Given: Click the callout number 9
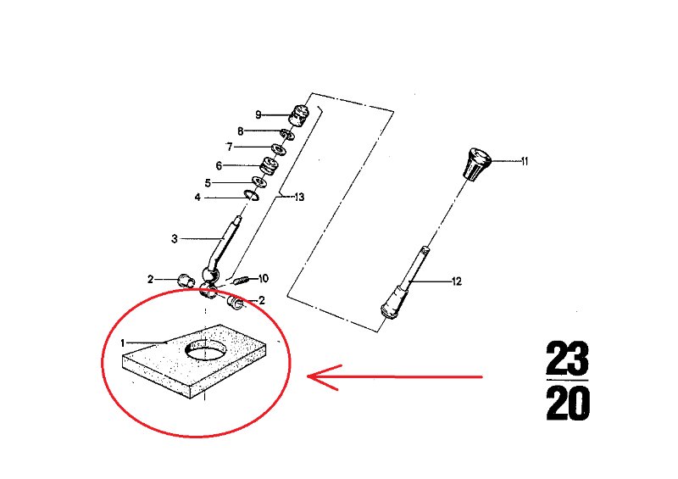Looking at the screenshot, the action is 258,114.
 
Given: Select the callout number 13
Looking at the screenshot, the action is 299,198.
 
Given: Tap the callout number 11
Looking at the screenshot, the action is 525,161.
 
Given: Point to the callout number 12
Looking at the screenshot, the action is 457,281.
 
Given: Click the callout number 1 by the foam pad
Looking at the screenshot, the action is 123,343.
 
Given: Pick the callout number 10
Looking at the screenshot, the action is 264,278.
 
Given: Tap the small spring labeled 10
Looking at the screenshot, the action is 241,281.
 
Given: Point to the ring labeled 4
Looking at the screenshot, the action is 251,195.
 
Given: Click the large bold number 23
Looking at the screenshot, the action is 567,359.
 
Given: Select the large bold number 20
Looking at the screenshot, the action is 568,403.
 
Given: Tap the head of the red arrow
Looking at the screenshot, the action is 308,376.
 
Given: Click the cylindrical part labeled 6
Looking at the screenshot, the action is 269,166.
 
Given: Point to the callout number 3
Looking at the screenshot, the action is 175,239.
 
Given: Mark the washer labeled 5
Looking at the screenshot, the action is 259,181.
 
